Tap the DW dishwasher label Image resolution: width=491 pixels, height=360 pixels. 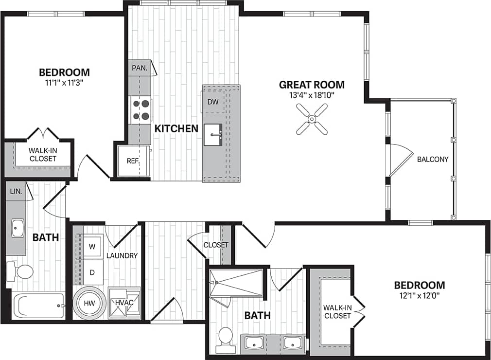[x=213, y=102]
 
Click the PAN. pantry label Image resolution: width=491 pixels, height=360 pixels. [x=139, y=68]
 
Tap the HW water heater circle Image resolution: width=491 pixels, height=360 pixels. [x=90, y=303]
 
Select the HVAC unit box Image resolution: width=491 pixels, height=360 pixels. [x=124, y=303]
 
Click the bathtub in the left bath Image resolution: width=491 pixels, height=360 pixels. [x=38, y=305]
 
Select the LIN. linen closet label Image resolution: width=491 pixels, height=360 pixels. [x=16, y=191]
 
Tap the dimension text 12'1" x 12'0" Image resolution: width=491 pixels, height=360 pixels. [x=419, y=295]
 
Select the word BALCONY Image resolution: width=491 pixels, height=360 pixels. [x=432, y=159]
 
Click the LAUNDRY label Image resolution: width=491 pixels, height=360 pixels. [x=122, y=255]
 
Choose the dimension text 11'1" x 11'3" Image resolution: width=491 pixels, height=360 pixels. [x=64, y=83]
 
